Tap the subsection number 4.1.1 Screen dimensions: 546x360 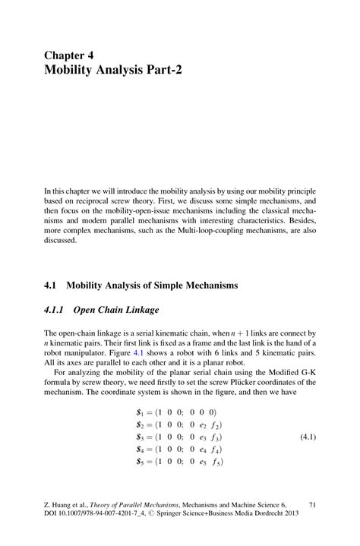57,310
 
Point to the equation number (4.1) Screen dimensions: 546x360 309,439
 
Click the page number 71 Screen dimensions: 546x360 312,503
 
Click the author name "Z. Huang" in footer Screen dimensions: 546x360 60,503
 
